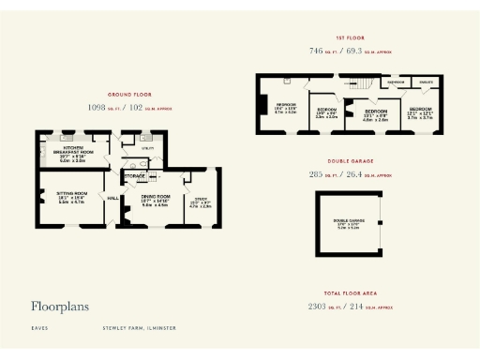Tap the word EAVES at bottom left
39,328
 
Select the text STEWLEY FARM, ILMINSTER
140,328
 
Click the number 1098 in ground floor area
97,107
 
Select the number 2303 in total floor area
319,306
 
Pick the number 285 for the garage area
316,174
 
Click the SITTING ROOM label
71,193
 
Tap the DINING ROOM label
154,195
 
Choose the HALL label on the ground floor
113,198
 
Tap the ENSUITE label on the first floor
425,82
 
